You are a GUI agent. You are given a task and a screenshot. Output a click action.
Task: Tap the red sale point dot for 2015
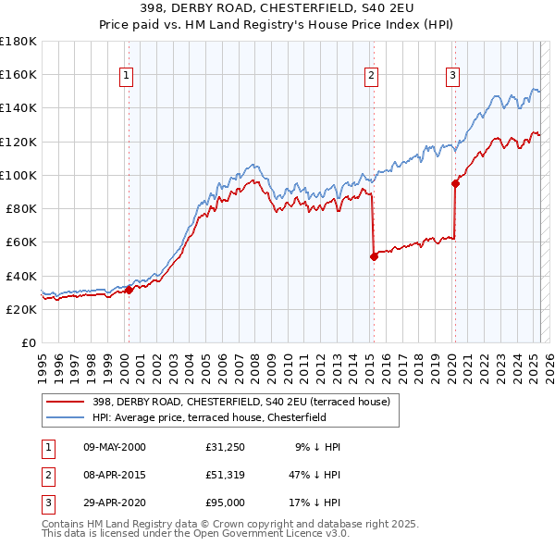[374, 257]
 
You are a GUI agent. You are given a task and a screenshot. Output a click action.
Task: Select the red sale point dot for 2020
[455, 183]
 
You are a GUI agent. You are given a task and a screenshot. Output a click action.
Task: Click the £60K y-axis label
[21, 242]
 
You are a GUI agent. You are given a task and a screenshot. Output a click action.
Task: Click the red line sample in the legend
[65, 402]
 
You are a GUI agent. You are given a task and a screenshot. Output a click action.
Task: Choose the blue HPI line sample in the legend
[65, 417]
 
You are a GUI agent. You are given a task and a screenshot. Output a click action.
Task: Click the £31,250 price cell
[225, 447]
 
